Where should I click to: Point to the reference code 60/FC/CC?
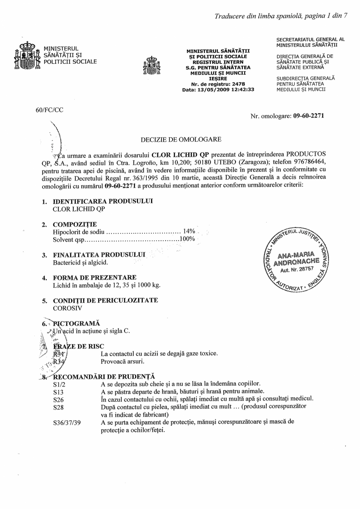49,110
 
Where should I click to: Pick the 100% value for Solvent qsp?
187,239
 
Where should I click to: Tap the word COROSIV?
66,308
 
